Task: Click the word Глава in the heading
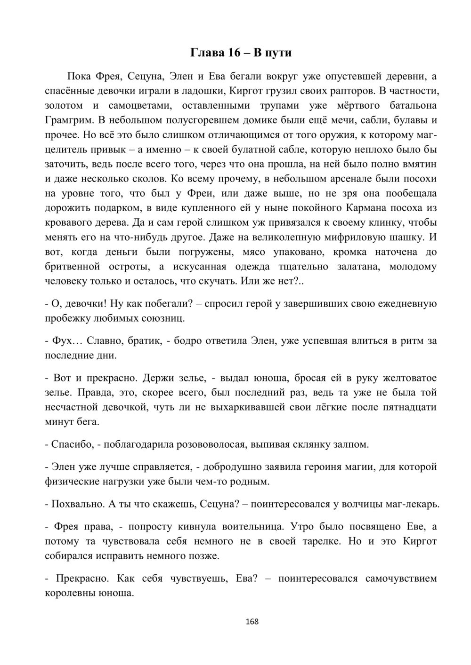207,53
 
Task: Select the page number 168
252,621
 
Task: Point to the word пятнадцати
407,407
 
